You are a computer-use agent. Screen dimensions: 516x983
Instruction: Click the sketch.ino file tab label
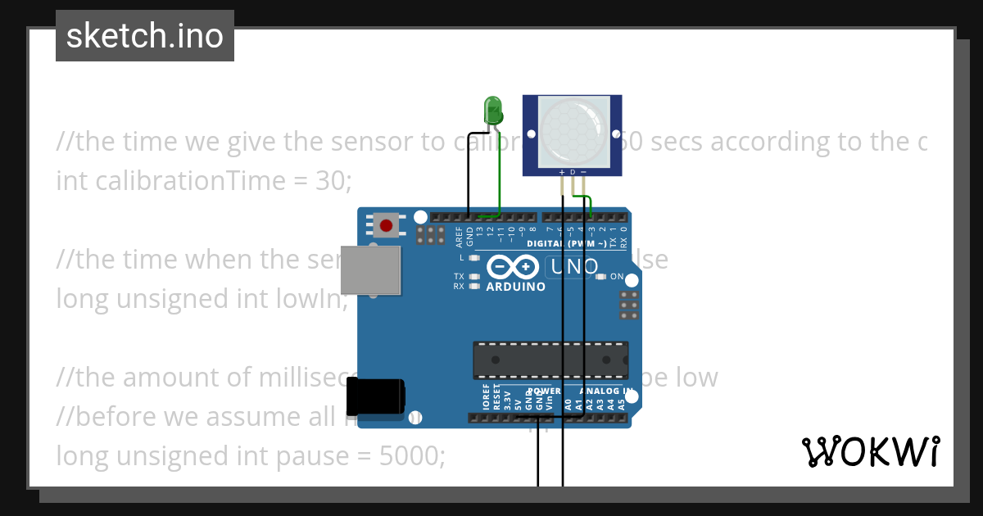pyautogui.click(x=144, y=36)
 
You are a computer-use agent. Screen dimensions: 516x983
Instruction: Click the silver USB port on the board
pyautogui.click(x=371, y=269)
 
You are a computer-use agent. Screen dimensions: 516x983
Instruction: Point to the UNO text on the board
pyautogui.click(x=574, y=267)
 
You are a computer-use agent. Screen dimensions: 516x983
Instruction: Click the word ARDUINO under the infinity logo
pyautogui.click(x=515, y=287)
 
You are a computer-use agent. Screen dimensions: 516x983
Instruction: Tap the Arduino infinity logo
pyautogui.click(x=513, y=267)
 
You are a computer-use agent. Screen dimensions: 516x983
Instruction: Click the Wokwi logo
pyautogui.click(x=870, y=451)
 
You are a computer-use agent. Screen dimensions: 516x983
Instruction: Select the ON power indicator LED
pyautogui.click(x=601, y=277)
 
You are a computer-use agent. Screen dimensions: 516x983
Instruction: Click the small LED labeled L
pyautogui.click(x=473, y=258)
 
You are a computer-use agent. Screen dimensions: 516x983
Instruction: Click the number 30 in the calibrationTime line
pyautogui.click(x=330, y=181)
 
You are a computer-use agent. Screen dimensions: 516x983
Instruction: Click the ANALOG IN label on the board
pyautogui.click(x=606, y=392)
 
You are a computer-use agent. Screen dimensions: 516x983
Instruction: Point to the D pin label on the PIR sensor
pyautogui.click(x=573, y=172)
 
